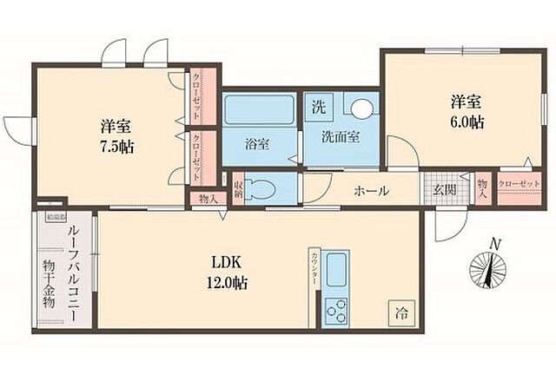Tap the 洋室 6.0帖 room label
coord(466,112)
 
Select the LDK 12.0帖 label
coord(228,272)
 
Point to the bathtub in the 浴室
coord(260,112)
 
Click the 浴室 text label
coord(256,143)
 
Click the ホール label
coord(371,191)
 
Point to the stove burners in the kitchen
coord(336,309)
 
